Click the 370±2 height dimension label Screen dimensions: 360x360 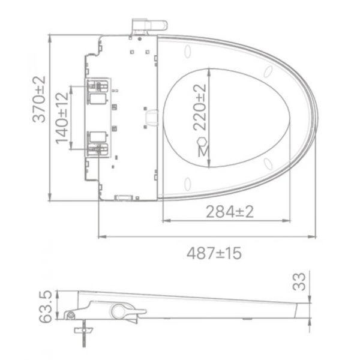[x=39, y=100]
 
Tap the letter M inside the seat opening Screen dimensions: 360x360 [x=203, y=153]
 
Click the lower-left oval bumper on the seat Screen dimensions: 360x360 [x=187, y=182]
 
